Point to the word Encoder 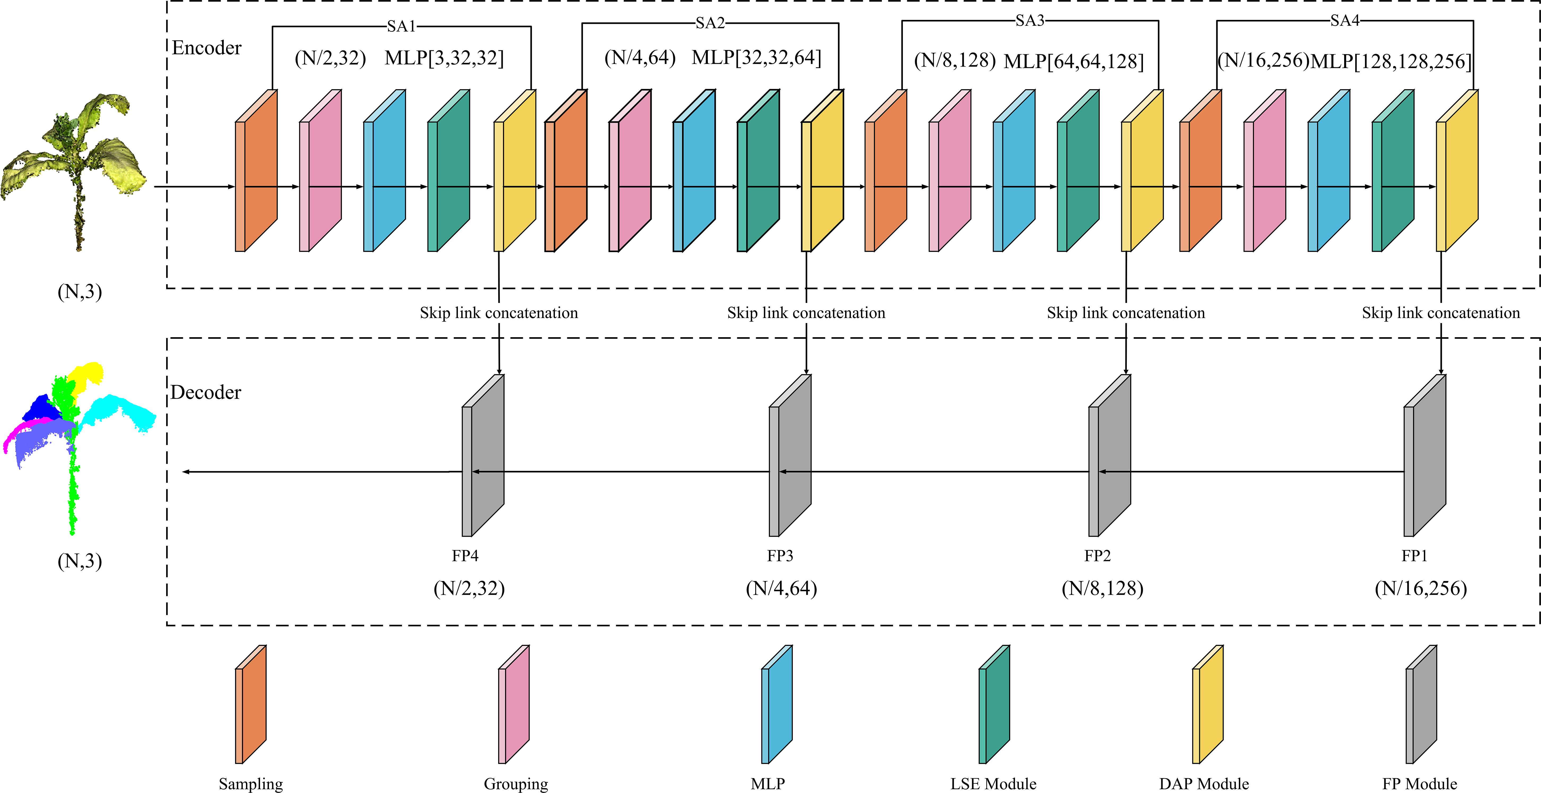tap(206, 48)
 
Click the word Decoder tap(206, 393)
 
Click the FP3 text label tap(780, 556)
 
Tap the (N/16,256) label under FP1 tap(1421, 589)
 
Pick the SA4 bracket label tap(1345, 21)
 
